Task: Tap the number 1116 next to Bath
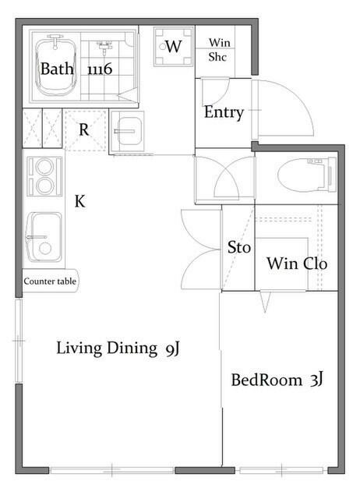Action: click(100, 69)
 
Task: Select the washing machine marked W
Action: click(173, 47)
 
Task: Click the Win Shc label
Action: click(219, 50)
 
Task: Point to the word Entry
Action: click(224, 112)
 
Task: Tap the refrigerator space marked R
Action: click(85, 129)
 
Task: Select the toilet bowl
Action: click(306, 175)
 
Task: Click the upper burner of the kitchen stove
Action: click(44, 167)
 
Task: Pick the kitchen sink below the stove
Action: click(44, 237)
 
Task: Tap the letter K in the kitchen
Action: click(79, 201)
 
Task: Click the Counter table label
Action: click(50, 281)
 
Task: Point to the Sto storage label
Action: click(239, 248)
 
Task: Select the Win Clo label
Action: click(297, 264)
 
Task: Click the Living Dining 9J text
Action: click(118, 349)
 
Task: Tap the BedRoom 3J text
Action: click(277, 380)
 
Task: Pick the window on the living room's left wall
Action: click(19, 341)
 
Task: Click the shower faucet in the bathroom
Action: click(104, 47)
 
